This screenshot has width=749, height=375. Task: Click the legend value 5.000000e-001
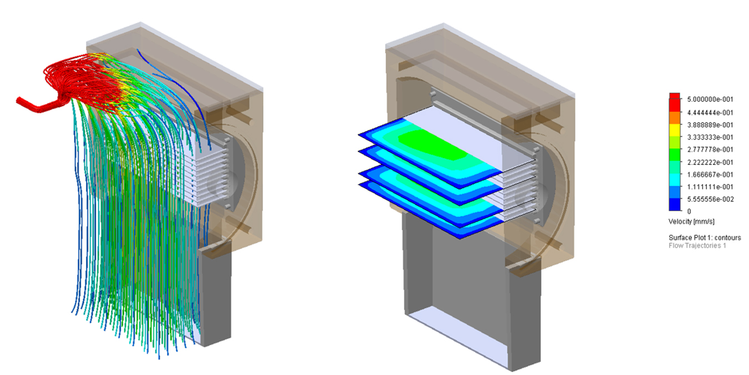[710, 99]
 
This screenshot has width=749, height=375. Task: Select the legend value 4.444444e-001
[710, 112]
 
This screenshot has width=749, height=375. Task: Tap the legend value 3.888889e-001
[710, 125]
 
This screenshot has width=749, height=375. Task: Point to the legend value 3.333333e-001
[710, 137]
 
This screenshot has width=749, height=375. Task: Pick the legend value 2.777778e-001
[710, 149]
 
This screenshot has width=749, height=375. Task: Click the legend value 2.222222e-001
[710, 162]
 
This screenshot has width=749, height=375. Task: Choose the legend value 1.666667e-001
[710, 174]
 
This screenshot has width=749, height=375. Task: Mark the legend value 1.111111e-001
[710, 187]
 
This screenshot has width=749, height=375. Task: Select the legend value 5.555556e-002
[710, 199]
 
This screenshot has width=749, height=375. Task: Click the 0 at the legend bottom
[689, 211]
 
